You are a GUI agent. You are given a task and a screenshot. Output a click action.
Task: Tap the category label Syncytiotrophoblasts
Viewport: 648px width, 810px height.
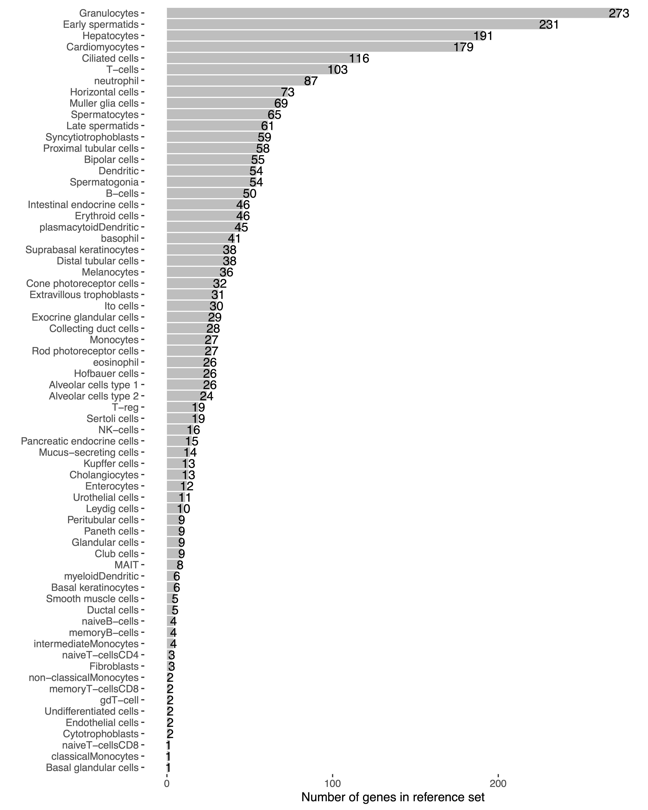(92, 137)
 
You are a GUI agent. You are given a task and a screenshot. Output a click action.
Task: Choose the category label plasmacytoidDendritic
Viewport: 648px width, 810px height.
(89, 227)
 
